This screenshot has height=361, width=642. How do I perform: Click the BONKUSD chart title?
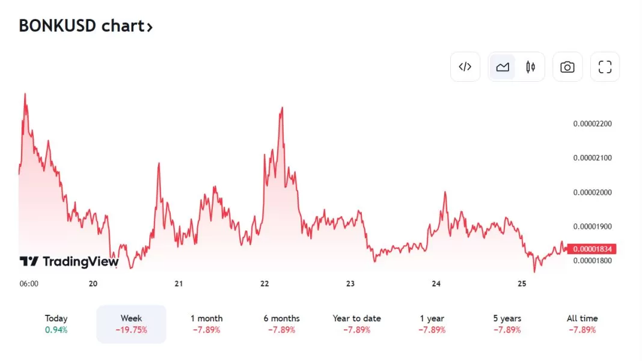(x=85, y=26)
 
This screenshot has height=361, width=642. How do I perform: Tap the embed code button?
(x=465, y=67)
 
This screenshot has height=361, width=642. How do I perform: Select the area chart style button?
(x=503, y=67)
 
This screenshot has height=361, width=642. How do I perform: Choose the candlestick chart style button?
(x=530, y=67)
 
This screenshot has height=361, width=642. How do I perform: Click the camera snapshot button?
(x=567, y=67)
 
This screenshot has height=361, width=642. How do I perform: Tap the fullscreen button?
(x=605, y=67)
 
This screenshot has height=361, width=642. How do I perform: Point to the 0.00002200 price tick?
(x=592, y=124)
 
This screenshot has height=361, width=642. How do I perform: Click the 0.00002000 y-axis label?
(x=592, y=192)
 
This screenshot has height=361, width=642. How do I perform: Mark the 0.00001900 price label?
(x=592, y=226)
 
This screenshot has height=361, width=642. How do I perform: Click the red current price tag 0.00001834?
(x=592, y=249)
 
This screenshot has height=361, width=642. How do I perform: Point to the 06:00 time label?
(x=29, y=284)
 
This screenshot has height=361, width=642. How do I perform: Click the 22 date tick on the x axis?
(x=264, y=284)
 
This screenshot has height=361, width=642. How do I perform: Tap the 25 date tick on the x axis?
(x=522, y=284)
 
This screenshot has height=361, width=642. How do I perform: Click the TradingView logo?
(x=69, y=261)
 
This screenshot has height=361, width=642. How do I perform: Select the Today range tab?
(x=56, y=318)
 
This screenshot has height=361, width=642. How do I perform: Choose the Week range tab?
(x=131, y=318)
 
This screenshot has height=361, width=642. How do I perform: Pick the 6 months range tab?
(x=281, y=318)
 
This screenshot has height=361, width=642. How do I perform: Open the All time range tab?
(x=582, y=318)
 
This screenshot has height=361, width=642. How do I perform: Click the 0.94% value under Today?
(x=56, y=330)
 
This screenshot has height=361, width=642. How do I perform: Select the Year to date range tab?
(x=356, y=318)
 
